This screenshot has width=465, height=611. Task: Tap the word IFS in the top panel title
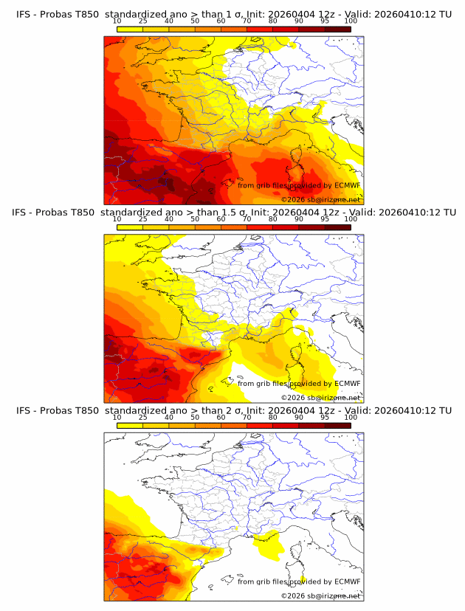point(24,15)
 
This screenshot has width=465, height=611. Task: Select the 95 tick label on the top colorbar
point(325,21)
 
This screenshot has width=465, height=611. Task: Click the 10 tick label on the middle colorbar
point(117,219)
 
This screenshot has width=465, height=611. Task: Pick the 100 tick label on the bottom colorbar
point(351,417)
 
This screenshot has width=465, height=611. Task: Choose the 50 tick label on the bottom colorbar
point(195,417)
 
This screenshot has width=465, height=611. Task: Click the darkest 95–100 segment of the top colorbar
point(338,30)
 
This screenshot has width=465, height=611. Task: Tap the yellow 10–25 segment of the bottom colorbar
point(130,425)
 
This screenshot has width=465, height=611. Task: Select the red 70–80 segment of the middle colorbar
point(260,227)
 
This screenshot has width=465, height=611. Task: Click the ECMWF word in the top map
point(348,185)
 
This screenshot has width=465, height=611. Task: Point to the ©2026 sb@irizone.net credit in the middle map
point(320,397)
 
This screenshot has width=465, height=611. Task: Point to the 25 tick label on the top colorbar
point(143,21)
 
